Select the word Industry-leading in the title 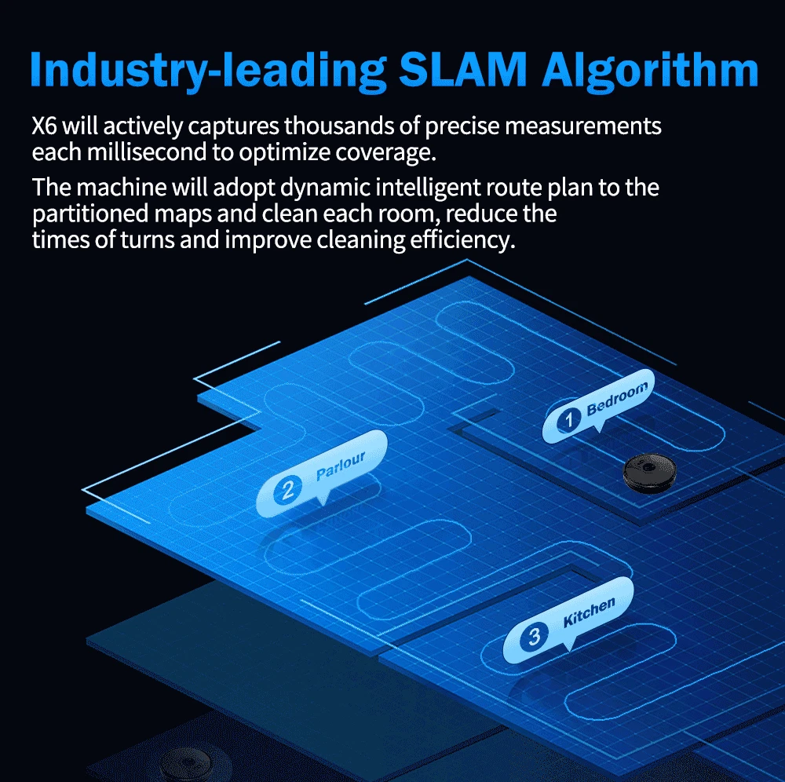point(208,71)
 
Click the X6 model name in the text point(45,126)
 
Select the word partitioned point(90,214)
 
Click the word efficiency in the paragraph point(462,240)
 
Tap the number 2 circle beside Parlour point(287,491)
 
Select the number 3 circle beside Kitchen point(534,637)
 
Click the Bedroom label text point(617,399)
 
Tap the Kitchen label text point(589,612)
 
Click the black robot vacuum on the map point(650,473)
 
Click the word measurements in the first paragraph point(582,126)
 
